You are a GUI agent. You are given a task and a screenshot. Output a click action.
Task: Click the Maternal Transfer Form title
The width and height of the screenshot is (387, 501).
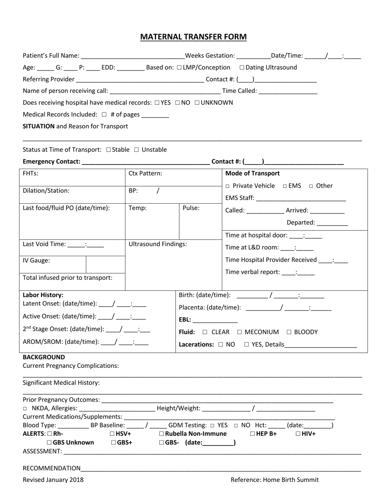tap(193, 37)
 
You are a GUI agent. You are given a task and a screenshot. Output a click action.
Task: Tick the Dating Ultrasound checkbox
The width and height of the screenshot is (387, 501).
tap(242, 68)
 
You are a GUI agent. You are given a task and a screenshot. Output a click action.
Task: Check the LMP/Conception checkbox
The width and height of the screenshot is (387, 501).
tap(180, 68)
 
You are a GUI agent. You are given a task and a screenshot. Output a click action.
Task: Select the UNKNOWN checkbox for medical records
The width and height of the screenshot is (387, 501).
tap(197, 103)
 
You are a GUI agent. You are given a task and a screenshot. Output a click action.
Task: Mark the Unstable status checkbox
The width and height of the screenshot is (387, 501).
tap(136, 150)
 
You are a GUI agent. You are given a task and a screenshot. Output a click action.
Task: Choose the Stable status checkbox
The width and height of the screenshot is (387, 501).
tap(108, 150)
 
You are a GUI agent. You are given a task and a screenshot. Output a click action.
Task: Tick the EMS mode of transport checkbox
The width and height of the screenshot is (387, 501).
tap(285, 186)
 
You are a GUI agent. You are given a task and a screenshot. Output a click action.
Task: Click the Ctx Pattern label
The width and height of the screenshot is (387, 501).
tap(145, 174)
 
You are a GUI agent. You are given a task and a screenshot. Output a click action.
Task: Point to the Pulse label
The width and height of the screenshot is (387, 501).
tap(191, 208)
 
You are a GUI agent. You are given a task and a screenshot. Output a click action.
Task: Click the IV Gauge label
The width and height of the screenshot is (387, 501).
tap(37, 261)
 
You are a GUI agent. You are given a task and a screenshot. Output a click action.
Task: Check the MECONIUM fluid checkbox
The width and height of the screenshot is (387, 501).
tap(240, 332)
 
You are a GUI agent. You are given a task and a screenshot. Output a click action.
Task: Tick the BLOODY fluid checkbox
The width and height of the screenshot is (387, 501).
tap(289, 332)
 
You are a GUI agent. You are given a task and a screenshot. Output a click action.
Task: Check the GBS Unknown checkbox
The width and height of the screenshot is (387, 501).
tap(49, 443)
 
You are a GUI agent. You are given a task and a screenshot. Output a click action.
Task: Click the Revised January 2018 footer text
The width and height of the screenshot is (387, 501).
tap(53, 480)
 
